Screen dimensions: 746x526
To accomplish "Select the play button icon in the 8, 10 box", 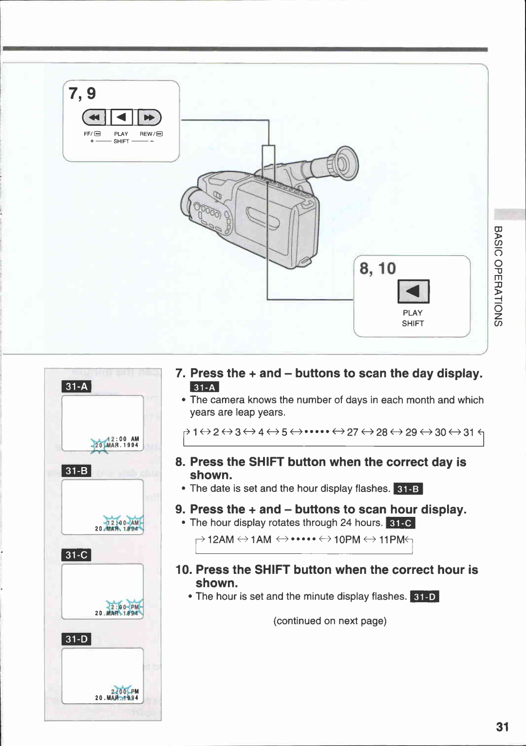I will [413, 292].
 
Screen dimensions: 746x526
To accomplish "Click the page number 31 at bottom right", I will [502, 727].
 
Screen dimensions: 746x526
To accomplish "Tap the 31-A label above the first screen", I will [76, 387].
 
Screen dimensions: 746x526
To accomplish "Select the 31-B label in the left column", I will [76, 471].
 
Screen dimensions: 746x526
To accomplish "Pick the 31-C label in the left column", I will [76, 555].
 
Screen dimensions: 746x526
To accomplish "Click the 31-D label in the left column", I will [76, 639].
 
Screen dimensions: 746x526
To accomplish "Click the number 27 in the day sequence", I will [353, 432].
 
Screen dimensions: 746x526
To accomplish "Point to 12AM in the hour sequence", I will [221, 540].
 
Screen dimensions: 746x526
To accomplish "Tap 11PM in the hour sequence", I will [392, 540].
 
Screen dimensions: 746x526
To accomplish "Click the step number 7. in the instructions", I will [180, 373].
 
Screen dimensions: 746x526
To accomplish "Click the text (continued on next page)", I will [330, 621].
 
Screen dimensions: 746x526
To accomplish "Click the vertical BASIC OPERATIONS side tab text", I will [498, 276].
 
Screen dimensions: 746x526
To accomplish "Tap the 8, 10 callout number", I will [377, 269].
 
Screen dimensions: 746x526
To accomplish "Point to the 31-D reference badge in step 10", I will [425, 597].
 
